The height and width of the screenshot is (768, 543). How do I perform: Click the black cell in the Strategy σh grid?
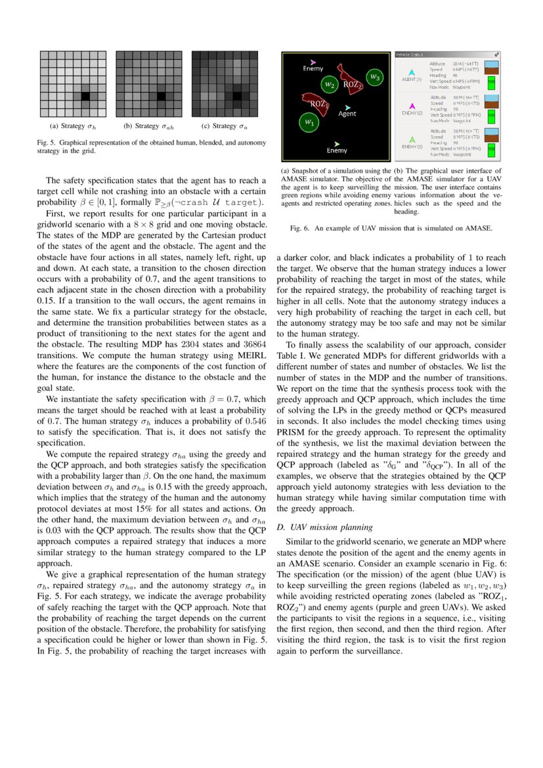pos(85,97)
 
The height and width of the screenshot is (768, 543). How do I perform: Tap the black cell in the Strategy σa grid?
pos(235,97)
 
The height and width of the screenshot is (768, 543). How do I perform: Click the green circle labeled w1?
pos(309,122)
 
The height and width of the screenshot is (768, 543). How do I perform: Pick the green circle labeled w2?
pos(330,84)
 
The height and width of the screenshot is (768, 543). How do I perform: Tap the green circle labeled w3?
pos(374,77)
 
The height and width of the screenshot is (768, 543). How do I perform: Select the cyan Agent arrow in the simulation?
pos(348,106)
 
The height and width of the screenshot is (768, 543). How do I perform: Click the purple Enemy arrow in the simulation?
pos(313,62)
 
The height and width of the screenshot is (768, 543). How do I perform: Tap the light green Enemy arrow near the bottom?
pos(337,143)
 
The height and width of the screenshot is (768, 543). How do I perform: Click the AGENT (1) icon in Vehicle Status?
pos(411,73)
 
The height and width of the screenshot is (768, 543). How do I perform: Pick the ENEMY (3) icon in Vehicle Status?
pos(411,140)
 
